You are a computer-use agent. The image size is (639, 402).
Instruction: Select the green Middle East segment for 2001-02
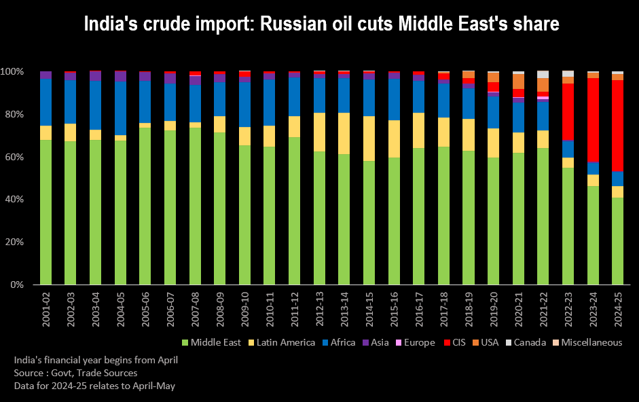[x=45, y=212]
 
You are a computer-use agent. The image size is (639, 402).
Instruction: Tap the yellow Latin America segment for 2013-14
[x=344, y=133]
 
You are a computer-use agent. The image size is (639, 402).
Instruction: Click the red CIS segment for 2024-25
[x=617, y=125]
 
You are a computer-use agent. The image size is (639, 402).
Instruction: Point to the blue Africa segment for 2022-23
[x=568, y=149]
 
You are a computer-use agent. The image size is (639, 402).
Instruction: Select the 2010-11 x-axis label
[x=269, y=311]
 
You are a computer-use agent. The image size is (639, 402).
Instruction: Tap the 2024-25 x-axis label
[x=617, y=311]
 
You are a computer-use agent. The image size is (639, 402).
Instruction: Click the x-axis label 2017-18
[x=443, y=311]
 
